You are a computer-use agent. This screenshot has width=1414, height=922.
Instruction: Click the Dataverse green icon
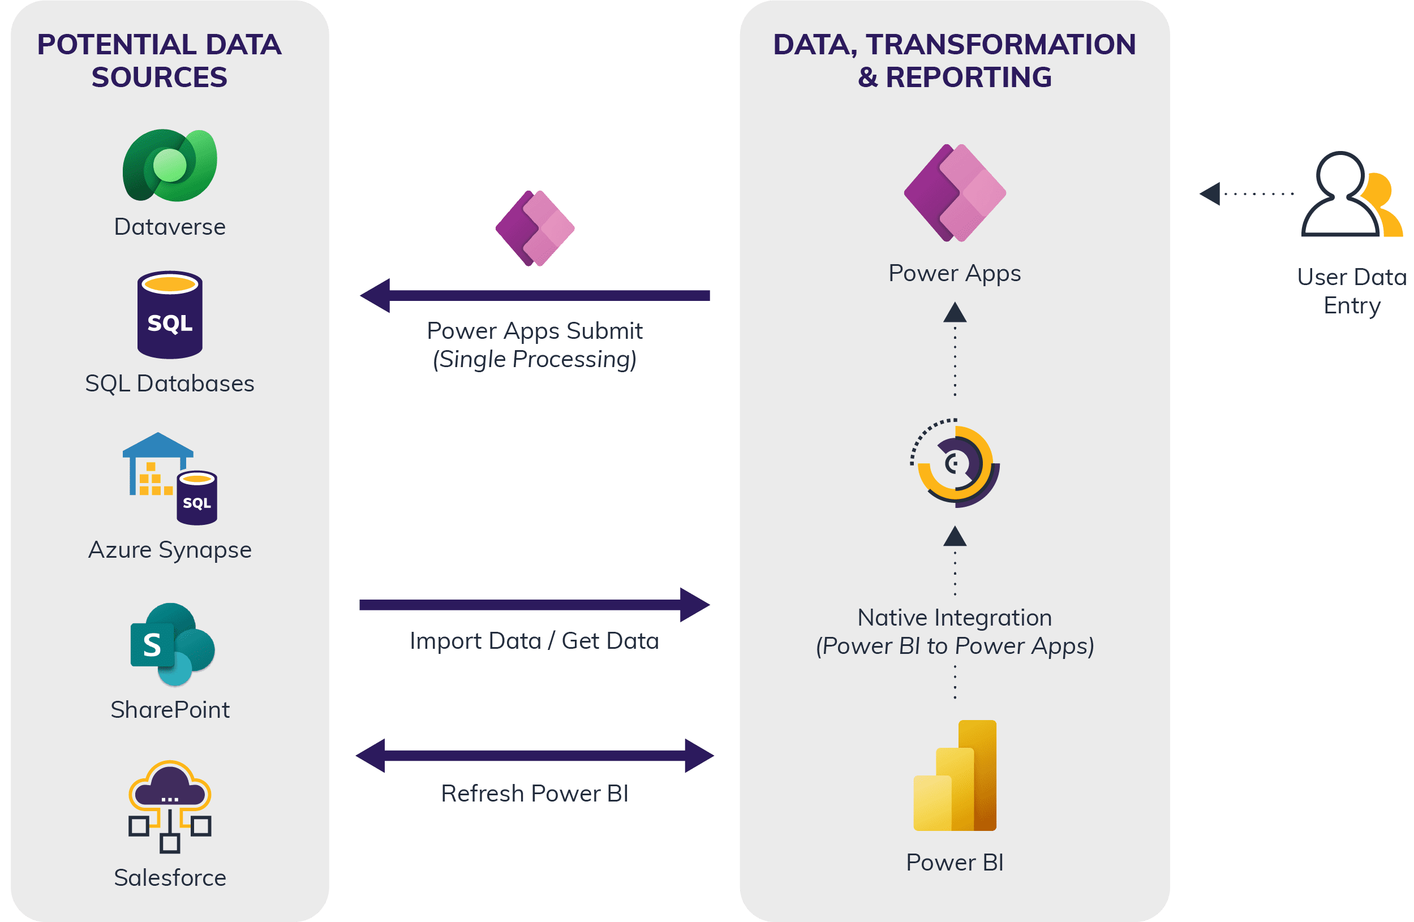click(x=170, y=165)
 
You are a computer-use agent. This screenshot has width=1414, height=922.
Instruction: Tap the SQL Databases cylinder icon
click(x=170, y=315)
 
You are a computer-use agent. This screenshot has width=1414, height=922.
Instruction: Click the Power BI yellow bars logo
click(x=955, y=775)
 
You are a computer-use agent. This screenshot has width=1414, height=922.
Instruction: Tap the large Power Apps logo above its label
click(x=955, y=193)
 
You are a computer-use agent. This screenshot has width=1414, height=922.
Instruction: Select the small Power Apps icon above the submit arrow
click(x=535, y=228)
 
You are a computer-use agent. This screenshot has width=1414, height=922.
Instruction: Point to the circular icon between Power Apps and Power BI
click(x=955, y=463)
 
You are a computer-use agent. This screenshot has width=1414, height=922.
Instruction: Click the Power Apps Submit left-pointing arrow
click(x=535, y=295)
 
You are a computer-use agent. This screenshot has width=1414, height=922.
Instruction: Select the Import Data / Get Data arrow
click(x=535, y=605)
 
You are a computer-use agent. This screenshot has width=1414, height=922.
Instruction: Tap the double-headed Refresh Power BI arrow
click(x=535, y=756)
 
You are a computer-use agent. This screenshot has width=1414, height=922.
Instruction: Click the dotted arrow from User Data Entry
click(x=1247, y=193)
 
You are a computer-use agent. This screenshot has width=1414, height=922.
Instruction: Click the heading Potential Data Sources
click(x=159, y=61)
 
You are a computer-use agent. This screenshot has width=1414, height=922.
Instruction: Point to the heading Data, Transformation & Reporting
click(x=954, y=61)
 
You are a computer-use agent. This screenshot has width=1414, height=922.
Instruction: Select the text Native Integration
click(x=954, y=618)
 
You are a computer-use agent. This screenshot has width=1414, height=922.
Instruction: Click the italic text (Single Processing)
click(x=535, y=359)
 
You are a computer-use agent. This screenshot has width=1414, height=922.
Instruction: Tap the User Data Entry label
click(x=1352, y=291)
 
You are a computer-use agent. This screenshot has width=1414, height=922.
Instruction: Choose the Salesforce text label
click(x=170, y=877)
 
